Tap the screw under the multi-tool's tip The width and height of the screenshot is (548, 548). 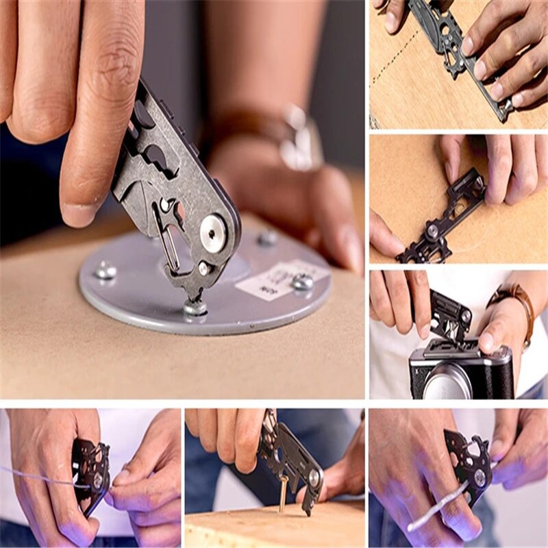tap(195, 308)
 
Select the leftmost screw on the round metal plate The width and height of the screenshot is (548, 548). tap(105, 271)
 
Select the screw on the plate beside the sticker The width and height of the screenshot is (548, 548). tap(301, 282)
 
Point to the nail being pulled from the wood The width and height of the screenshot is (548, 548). tap(282, 493)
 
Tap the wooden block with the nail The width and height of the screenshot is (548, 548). tap(274, 524)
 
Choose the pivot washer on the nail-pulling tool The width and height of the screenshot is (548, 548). tap(313, 477)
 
